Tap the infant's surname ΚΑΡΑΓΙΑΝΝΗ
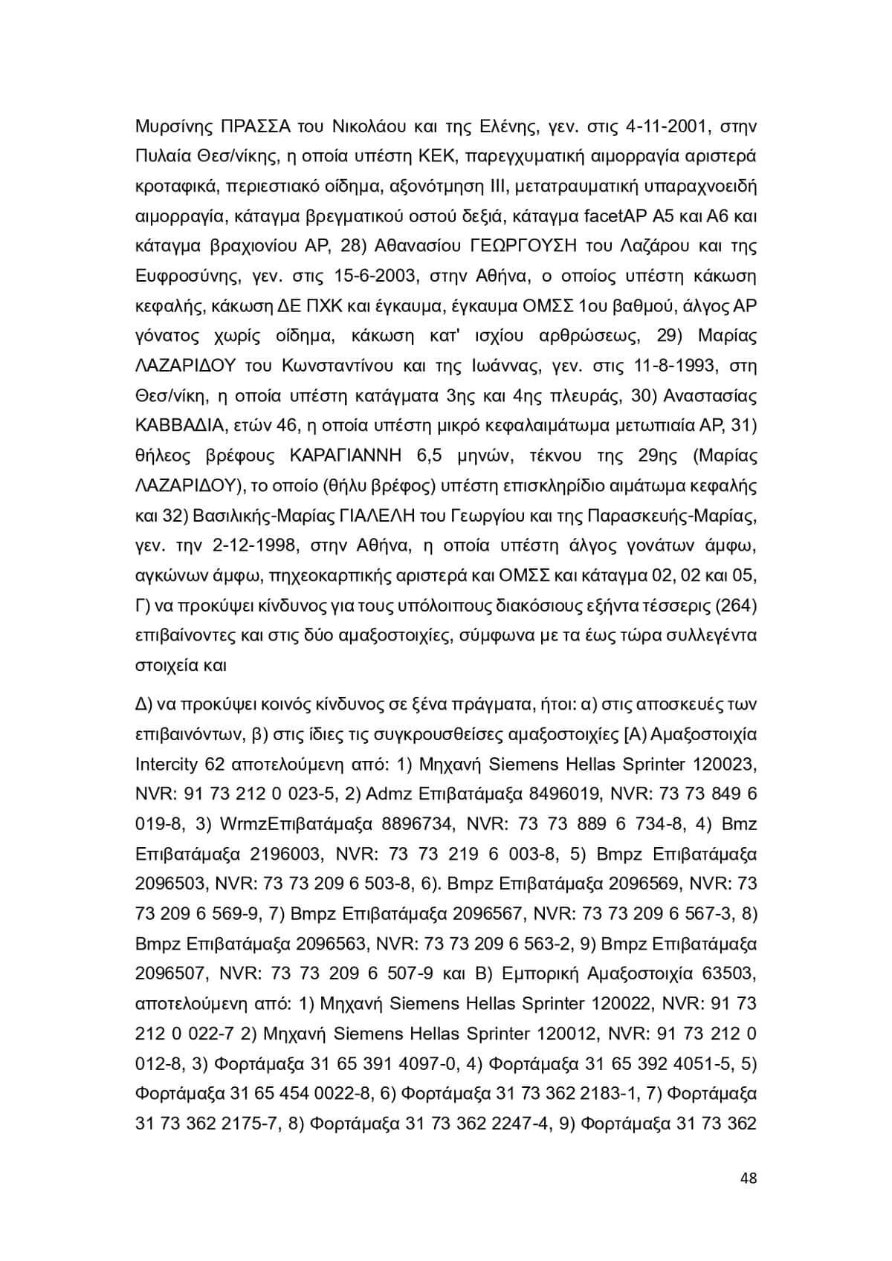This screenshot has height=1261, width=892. click(x=360, y=456)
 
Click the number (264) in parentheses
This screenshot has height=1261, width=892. click(x=734, y=606)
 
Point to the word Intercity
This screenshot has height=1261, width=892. click(x=167, y=764)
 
